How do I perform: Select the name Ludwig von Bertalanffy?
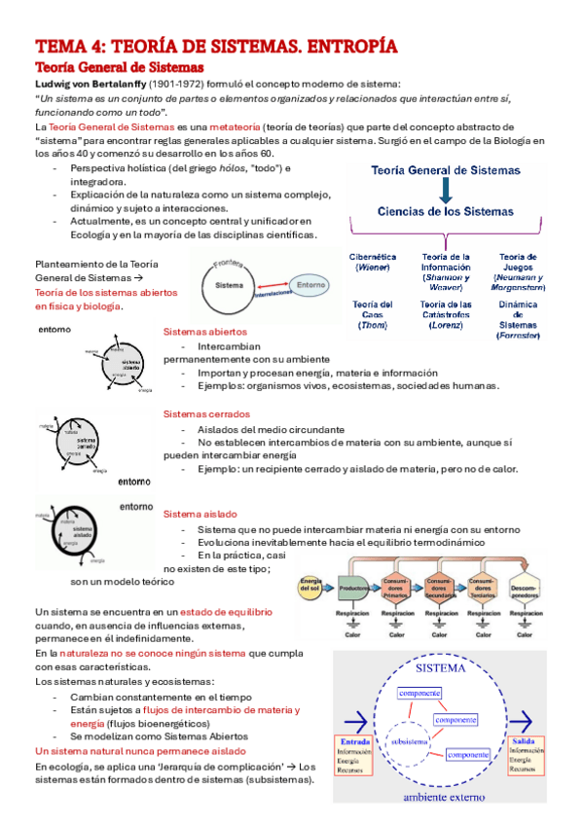click(x=89, y=83)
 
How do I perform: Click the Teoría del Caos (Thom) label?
click(x=372, y=314)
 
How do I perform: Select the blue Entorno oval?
click(x=310, y=285)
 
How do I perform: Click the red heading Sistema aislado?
click(x=200, y=514)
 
